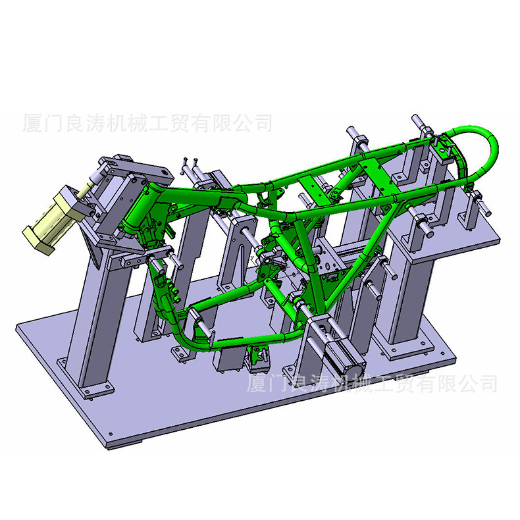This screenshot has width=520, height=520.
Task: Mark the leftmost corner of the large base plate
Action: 18,326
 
